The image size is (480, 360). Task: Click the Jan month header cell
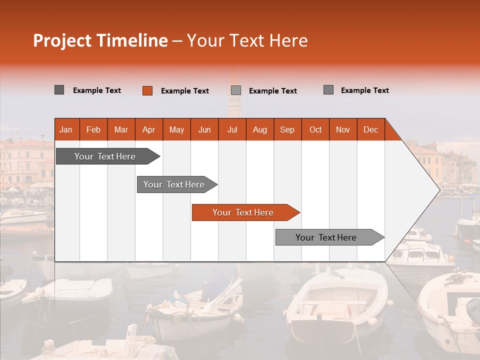click(66, 129)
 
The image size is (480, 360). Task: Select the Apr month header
click(149, 129)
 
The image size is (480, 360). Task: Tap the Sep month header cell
click(287, 129)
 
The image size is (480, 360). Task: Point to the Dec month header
click(370, 129)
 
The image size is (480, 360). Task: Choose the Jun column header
click(204, 129)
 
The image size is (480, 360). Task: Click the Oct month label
click(315, 129)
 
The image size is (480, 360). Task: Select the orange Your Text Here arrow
click(244, 212)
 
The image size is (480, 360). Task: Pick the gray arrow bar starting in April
click(175, 184)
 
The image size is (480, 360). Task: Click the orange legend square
click(147, 90)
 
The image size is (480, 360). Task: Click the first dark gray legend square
click(59, 90)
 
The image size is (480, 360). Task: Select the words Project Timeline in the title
click(100, 40)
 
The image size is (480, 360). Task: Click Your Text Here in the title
click(247, 40)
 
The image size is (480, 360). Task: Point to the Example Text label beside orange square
click(185, 91)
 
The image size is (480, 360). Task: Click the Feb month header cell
click(93, 129)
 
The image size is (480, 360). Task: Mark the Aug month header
click(260, 129)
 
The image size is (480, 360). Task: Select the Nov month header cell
click(343, 129)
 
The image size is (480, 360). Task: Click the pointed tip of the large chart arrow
click(438, 189)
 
